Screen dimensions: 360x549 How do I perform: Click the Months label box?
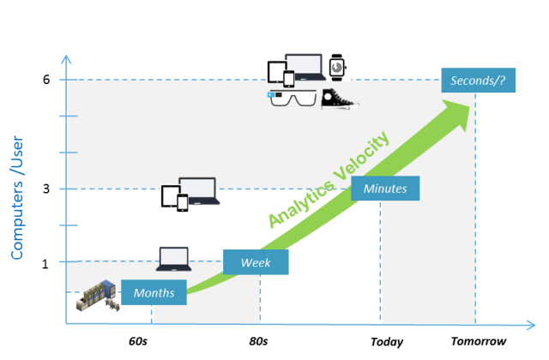point(154,292)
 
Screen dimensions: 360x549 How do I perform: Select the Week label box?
point(256,262)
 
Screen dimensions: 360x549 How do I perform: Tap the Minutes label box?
point(385,189)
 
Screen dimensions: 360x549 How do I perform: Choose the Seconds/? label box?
point(478,81)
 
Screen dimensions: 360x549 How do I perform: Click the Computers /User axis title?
point(17,197)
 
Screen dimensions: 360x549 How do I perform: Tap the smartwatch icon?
point(338,67)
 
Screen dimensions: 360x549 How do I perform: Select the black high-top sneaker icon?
point(338,98)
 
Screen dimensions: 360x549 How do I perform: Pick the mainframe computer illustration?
point(96,295)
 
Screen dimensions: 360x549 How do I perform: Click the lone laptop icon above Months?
point(174,258)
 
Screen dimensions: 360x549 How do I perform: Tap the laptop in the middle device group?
point(200,191)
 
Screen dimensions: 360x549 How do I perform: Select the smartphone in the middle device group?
point(182,202)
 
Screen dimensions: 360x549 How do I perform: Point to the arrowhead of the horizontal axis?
point(531,325)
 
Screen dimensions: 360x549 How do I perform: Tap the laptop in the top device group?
point(304,67)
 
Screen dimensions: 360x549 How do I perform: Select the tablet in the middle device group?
point(169,195)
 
